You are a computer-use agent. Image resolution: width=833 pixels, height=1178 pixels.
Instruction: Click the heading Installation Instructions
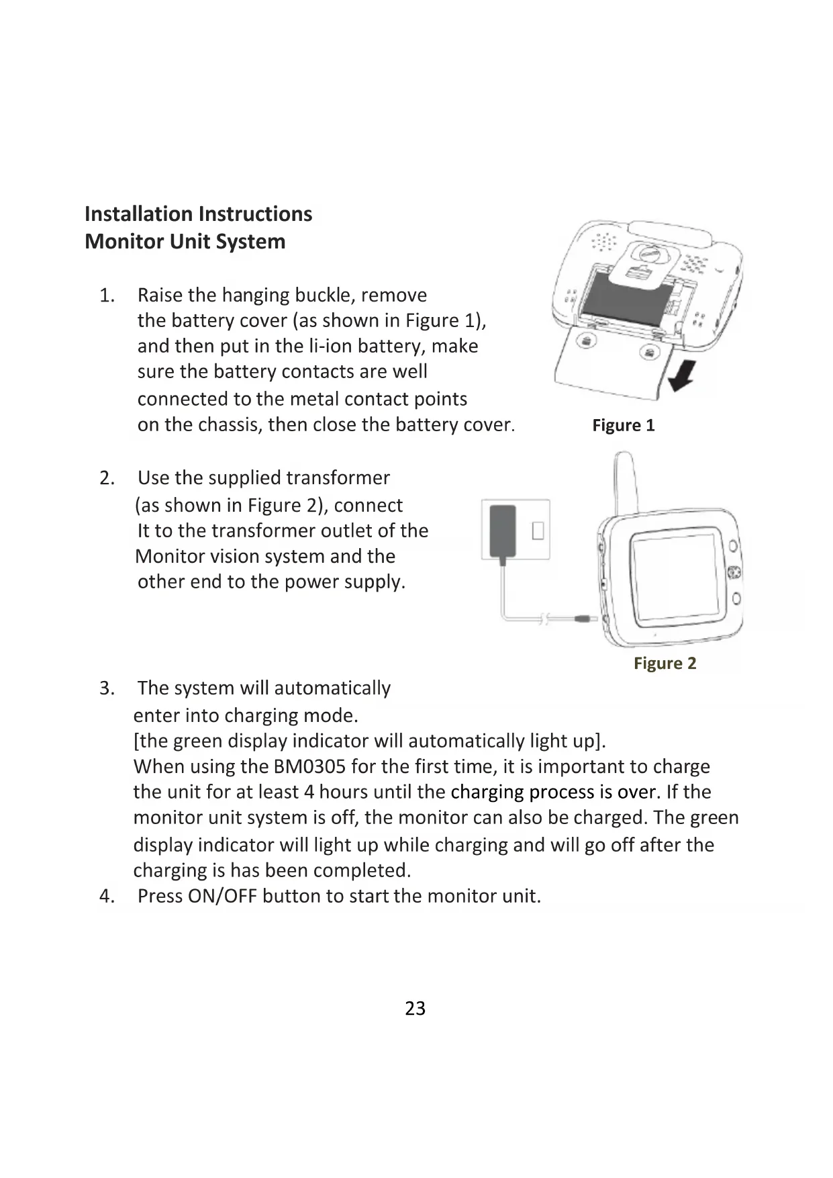tap(198, 214)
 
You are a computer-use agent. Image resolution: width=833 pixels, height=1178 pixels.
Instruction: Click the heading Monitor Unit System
tap(185, 241)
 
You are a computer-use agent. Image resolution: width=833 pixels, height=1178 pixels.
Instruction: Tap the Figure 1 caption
tap(623, 425)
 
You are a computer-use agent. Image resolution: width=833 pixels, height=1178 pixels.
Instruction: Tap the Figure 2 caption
tap(665, 663)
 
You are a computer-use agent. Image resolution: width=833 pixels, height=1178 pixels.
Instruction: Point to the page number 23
tap(415, 1008)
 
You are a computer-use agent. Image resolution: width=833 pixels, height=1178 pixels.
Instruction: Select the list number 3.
tap(106, 688)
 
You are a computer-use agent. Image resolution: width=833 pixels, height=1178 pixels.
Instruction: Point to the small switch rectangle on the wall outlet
tap(538, 531)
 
